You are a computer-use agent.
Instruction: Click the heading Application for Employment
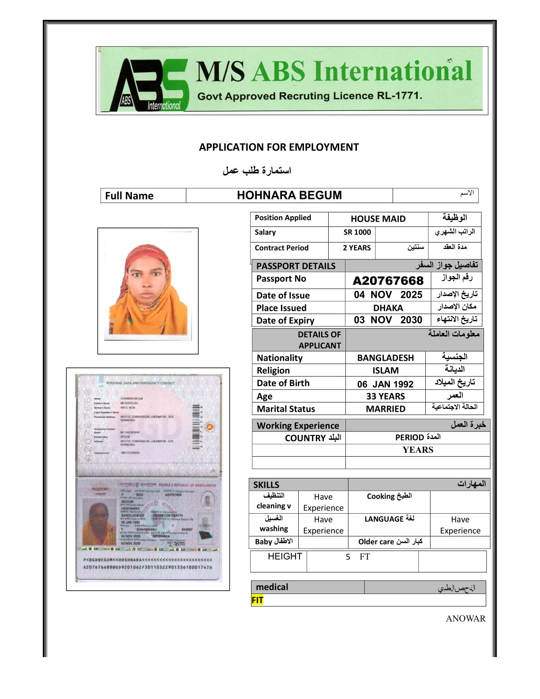click(279, 147)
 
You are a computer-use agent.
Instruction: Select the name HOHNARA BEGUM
click(289, 195)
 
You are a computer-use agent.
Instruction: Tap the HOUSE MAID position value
click(378, 219)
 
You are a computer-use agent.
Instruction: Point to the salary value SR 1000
click(357, 233)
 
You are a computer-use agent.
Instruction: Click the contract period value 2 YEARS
click(356, 248)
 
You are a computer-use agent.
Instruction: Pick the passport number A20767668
click(388, 281)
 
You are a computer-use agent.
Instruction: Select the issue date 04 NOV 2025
click(388, 295)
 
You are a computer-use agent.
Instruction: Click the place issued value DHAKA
click(388, 308)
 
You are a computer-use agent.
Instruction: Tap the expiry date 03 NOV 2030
click(388, 320)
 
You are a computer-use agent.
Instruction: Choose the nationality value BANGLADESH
click(385, 358)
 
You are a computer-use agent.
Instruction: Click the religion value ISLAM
click(385, 371)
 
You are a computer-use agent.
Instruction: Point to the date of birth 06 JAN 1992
click(385, 384)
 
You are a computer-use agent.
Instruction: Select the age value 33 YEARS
click(385, 396)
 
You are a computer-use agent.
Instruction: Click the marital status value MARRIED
click(385, 409)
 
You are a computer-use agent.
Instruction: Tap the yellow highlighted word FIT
click(257, 600)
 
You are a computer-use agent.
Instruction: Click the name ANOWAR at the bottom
click(465, 619)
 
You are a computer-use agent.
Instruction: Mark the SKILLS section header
click(266, 485)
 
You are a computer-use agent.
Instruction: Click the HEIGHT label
click(285, 556)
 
